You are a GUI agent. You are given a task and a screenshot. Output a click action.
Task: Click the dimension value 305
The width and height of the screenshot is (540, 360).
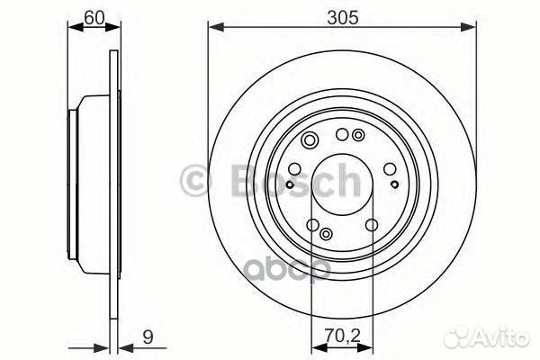coord(343,17)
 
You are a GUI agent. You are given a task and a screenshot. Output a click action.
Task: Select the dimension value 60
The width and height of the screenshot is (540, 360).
coord(94,17)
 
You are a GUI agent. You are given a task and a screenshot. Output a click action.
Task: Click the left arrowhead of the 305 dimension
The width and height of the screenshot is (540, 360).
coord(216,27)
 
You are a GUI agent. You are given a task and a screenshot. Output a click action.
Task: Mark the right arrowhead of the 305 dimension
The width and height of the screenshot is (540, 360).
coord(468,27)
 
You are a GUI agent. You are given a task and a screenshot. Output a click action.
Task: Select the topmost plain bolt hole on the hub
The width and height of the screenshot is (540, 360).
coord(342,135)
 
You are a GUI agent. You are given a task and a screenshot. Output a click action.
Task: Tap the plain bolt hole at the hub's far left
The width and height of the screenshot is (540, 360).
coord(294,169)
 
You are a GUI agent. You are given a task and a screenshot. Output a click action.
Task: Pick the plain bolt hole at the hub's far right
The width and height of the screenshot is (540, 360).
coord(390,169)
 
